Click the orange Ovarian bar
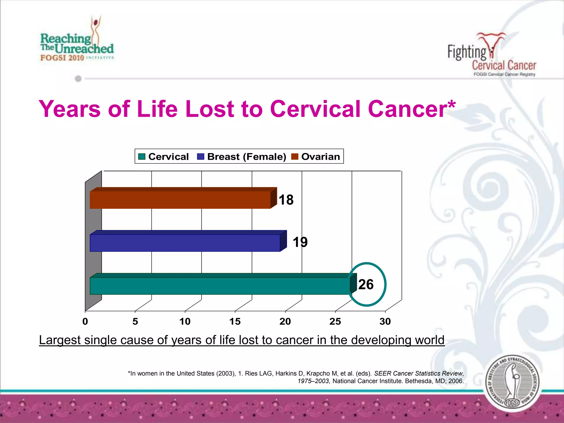[x=180, y=199]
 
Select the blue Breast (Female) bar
[x=185, y=242]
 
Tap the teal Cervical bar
[x=220, y=285]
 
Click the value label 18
[x=286, y=200]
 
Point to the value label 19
[x=300, y=242]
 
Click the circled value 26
[x=366, y=284]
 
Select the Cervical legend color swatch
[x=142, y=156]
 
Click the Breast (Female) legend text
[x=246, y=156]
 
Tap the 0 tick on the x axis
[x=85, y=321]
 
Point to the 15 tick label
[x=235, y=321]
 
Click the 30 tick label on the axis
[x=385, y=321]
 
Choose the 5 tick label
[x=135, y=321]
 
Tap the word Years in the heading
[x=70, y=109]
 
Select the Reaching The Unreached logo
[x=77, y=41]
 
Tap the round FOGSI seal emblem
[x=513, y=383]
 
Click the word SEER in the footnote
[x=383, y=373]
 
